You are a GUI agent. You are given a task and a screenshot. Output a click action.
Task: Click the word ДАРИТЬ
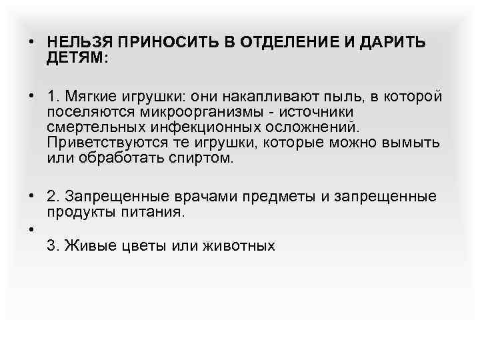(x=393, y=43)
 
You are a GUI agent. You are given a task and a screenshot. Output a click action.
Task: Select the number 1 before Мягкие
(x=51, y=97)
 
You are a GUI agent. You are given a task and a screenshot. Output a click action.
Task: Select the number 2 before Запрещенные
(x=51, y=196)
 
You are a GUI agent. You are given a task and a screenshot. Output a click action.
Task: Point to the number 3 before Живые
(x=51, y=245)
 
